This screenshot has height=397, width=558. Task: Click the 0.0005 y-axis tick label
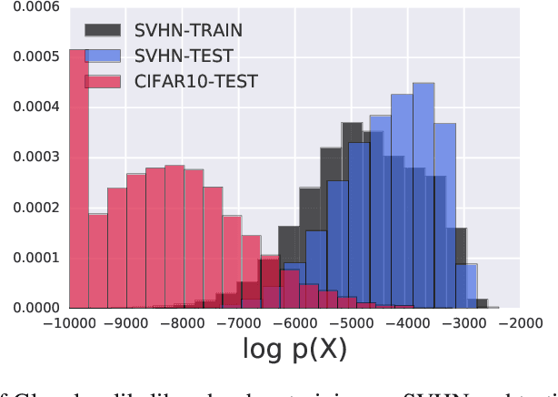coord(30,56)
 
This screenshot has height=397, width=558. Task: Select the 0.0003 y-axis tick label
coord(30,157)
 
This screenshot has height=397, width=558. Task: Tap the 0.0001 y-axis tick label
coord(30,258)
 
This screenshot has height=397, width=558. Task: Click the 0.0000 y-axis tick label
coord(30,308)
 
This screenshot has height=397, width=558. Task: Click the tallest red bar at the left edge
coord(79,182)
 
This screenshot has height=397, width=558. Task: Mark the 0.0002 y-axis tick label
coord(30,208)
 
